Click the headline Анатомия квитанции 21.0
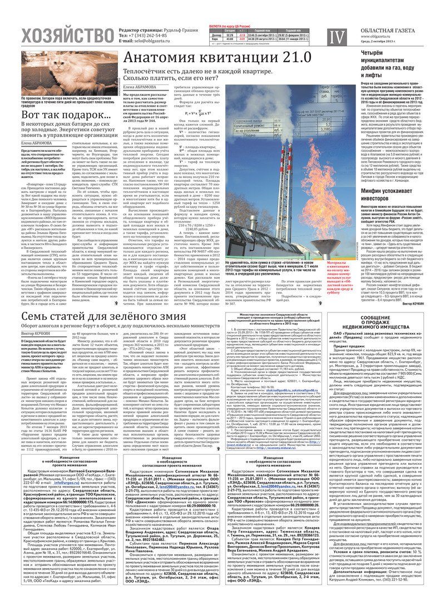pyautogui.click(x=217, y=58)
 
